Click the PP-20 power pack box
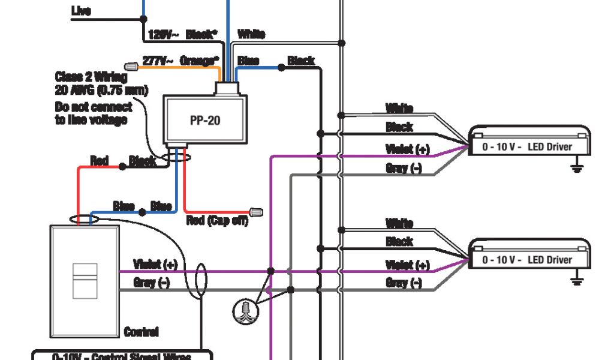(x=205, y=121)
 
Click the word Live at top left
(x=81, y=10)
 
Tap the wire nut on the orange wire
(x=131, y=65)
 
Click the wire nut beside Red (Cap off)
(x=256, y=212)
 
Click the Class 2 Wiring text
(x=91, y=77)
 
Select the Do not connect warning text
(x=93, y=113)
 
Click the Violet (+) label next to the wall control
(x=155, y=264)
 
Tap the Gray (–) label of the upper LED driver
(x=404, y=168)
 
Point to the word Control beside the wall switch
(x=141, y=332)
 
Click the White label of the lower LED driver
(x=399, y=224)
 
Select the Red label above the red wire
(x=99, y=160)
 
